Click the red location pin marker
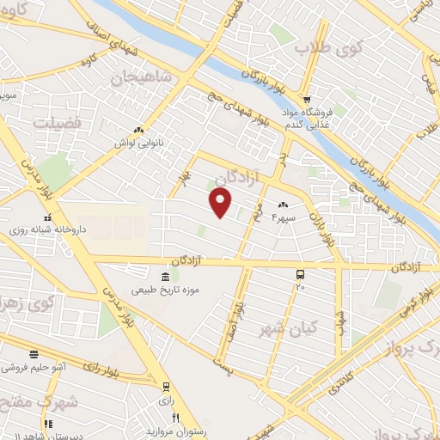click(x=221, y=203)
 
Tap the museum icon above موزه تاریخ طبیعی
click(x=164, y=276)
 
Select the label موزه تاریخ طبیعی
click(x=165, y=290)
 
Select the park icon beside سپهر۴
click(x=283, y=205)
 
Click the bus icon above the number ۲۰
click(x=300, y=274)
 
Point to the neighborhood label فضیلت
click(x=57, y=123)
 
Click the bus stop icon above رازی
click(x=166, y=386)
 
